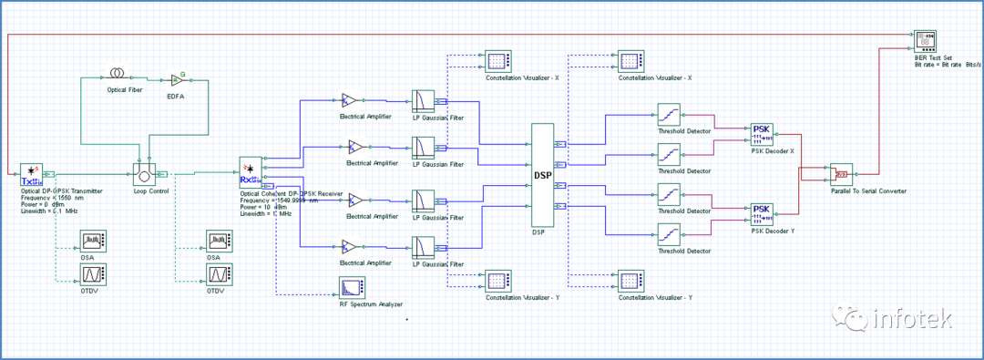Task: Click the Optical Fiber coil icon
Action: tap(117, 73)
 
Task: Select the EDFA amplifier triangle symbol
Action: tap(177, 81)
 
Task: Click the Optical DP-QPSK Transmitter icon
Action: tap(32, 173)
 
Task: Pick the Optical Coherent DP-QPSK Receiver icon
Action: tap(250, 170)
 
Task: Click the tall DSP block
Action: tap(543, 175)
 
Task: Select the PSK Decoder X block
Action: tap(762, 134)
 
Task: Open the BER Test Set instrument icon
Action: tap(925, 41)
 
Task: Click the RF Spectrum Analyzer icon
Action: tap(351, 288)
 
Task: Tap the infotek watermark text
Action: tap(911, 320)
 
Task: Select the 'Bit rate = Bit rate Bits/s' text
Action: tap(948, 63)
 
